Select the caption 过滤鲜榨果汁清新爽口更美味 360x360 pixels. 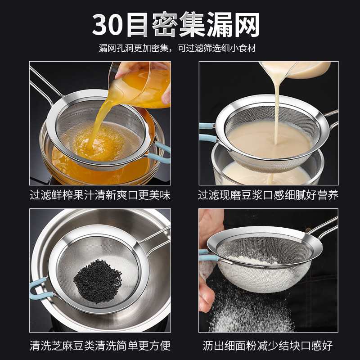click(100, 195)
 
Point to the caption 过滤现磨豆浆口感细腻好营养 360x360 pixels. click(268, 195)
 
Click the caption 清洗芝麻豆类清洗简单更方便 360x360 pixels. click(100, 345)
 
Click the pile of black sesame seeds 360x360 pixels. click(97, 274)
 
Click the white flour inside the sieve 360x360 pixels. click(252, 261)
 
